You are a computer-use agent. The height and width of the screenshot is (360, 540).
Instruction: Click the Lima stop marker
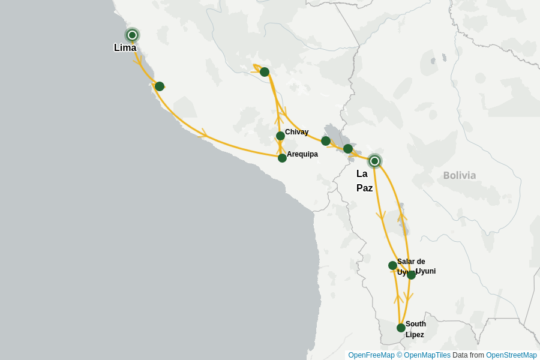(132, 35)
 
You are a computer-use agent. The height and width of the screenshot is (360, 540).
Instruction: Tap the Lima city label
(125, 48)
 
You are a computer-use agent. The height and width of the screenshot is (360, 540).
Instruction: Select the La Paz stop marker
(374, 161)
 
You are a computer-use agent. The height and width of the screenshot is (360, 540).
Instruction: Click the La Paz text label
(364, 181)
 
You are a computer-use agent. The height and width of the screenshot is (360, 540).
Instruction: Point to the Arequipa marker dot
(282, 158)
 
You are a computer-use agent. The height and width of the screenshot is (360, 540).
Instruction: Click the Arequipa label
(302, 154)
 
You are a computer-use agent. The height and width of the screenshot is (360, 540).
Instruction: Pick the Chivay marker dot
(280, 136)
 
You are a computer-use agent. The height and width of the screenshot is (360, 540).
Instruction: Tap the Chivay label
(296, 132)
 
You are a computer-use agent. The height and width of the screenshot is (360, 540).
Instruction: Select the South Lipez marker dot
(401, 328)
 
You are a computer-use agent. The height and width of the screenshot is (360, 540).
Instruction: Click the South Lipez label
(415, 329)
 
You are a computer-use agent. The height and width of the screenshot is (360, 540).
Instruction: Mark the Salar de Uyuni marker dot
(392, 265)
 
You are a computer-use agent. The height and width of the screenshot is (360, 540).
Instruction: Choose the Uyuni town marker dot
(411, 275)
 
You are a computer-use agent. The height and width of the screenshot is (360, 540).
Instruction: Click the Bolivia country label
(459, 175)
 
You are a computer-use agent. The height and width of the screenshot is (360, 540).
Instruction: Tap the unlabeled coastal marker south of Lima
(159, 86)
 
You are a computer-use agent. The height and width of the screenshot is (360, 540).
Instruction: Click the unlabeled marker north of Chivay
(265, 72)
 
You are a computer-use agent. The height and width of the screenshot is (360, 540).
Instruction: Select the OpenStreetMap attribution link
(511, 355)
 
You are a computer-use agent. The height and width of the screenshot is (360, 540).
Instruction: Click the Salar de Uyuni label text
(410, 262)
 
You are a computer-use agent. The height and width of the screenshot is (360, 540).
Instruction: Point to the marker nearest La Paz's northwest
(348, 149)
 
